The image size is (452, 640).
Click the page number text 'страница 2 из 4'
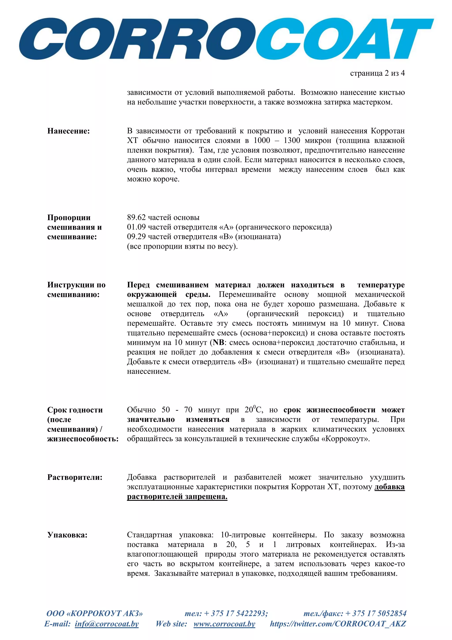tap(377, 73)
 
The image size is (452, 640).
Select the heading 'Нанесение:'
tap(68, 131)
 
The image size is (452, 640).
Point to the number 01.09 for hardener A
tap(136, 227)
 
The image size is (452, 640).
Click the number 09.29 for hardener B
tap(136, 237)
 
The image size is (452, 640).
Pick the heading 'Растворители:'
tap(75, 477)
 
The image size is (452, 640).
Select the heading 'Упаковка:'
tap(67, 535)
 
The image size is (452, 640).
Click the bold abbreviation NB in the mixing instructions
tap(218, 343)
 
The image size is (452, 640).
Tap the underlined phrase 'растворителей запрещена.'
tap(177, 496)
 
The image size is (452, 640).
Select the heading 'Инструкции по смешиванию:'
tap(76, 290)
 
